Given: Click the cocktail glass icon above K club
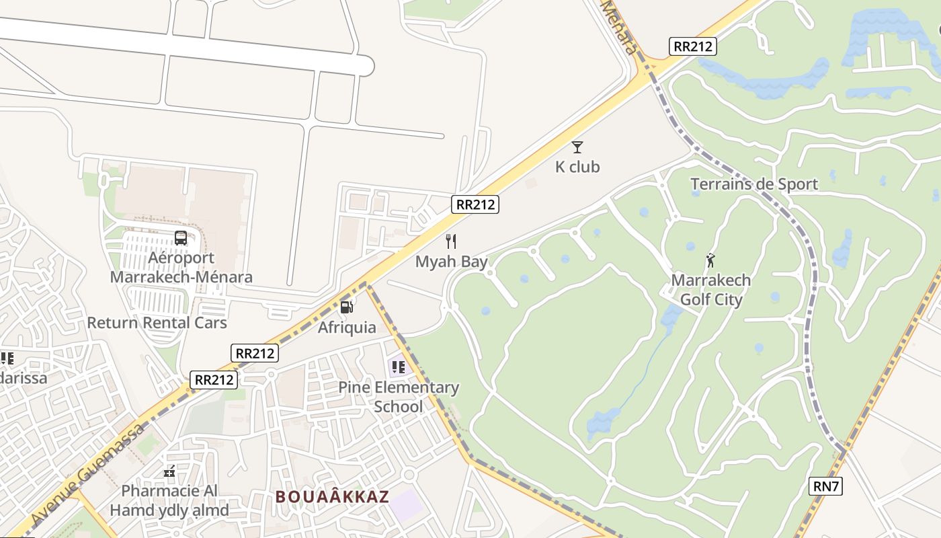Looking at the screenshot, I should tap(577, 147).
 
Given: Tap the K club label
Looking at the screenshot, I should tap(577, 167).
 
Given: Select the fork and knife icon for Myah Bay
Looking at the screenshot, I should tap(451, 241).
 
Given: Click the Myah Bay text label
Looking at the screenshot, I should tap(451, 262).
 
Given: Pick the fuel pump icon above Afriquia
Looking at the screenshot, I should tap(347, 307).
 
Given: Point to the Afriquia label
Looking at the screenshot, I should tap(347, 328).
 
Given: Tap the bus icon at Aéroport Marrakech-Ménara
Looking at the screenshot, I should tap(181, 237).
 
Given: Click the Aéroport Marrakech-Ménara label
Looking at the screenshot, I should tap(181, 268).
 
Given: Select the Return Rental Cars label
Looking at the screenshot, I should tap(157, 323).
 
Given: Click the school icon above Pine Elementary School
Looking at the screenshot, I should tap(398, 367).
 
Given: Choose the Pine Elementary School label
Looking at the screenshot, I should tap(399, 397).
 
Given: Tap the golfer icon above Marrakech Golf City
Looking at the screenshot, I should tap(710, 260).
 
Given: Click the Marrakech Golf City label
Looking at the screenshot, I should tap(711, 290).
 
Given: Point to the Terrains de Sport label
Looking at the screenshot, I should tap(754, 184).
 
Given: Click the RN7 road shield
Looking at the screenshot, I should tap(825, 486).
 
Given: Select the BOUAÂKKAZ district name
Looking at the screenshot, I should tap(333, 497).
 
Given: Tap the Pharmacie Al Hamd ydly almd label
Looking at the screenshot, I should tap(169, 500).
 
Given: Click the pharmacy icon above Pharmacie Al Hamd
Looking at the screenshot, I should tap(169, 471).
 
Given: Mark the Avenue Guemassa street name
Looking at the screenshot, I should tap(87, 475).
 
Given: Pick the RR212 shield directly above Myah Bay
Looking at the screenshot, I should tap(475, 204).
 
